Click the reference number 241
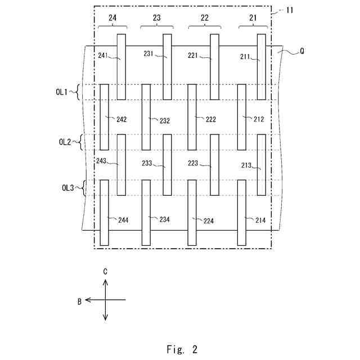tap(103, 55)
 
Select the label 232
tap(164, 120)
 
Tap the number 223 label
tap(193, 163)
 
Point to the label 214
tap(260, 220)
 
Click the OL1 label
tap(61, 91)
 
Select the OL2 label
tap(65, 142)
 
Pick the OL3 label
tap(67, 188)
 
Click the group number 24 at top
tap(112, 18)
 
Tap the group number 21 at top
tap(253, 18)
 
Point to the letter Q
tap(302, 51)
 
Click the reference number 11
tap(289, 10)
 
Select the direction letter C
tap(105, 271)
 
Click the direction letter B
tap(80, 301)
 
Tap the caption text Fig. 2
tap(182, 349)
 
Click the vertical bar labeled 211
tap(261, 66)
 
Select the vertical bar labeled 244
tap(104, 213)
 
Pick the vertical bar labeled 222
tap(192, 117)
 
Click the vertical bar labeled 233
tap(167, 165)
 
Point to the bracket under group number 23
tap(156, 26)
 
